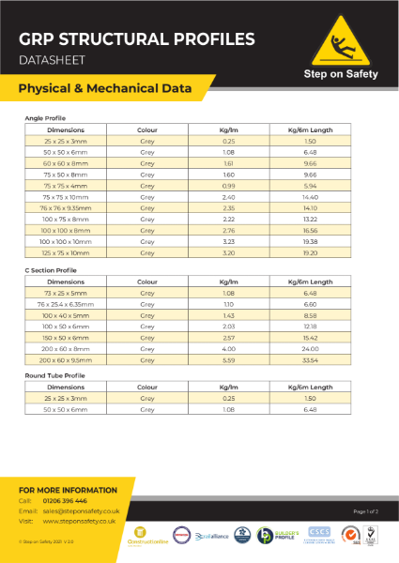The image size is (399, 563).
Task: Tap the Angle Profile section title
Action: point(45,118)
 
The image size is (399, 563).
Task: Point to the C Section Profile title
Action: point(52,270)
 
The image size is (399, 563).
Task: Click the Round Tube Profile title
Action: point(54,375)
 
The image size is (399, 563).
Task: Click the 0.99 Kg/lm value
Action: point(227,186)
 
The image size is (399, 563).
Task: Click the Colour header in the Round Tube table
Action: point(147,387)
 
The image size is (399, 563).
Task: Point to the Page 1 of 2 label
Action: point(365,510)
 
